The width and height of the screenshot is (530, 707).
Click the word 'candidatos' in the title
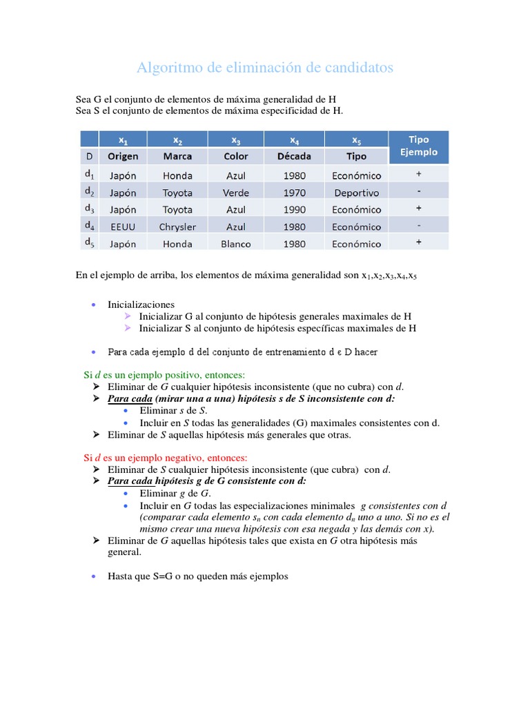(x=356, y=68)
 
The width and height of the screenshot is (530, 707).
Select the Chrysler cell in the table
(x=177, y=226)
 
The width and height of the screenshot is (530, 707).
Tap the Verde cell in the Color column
(x=236, y=193)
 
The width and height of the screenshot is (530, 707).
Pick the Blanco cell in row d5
(x=236, y=244)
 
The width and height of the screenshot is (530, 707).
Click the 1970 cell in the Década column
(x=294, y=193)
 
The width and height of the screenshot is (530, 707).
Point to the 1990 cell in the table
(x=294, y=210)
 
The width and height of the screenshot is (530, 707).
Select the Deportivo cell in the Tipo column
(x=356, y=193)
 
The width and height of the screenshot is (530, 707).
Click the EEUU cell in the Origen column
(x=123, y=226)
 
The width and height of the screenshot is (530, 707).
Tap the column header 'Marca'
(x=177, y=156)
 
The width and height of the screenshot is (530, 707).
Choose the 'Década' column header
(x=294, y=156)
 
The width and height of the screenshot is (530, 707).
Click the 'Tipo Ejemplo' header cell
(x=419, y=146)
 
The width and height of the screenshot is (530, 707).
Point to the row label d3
(x=90, y=209)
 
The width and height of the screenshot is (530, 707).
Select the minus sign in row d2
(x=419, y=191)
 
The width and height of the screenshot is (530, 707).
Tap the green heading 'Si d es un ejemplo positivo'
(x=164, y=374)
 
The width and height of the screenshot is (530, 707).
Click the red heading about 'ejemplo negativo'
(x=165, y=458)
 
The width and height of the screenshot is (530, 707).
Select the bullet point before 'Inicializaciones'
(x=93, y=304)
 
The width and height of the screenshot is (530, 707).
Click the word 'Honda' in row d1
(x=177, y=176)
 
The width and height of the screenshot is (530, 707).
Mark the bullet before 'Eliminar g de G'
(x=125, y=494)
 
